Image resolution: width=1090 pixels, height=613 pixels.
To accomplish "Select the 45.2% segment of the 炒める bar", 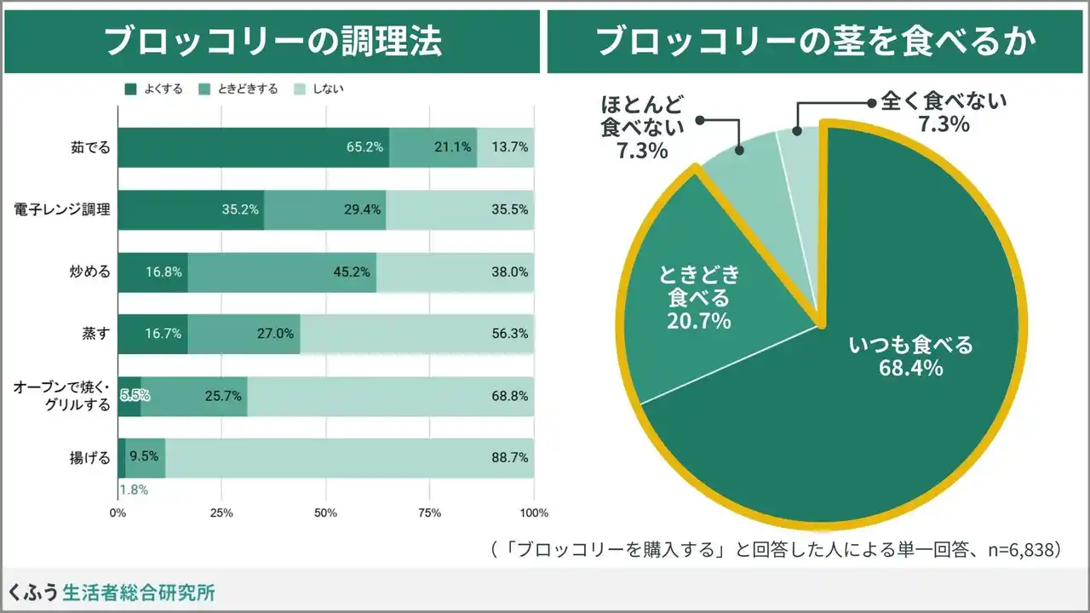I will click(x=282, y=272).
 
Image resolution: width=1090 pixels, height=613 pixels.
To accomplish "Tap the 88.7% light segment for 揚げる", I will click(x=349, y=458).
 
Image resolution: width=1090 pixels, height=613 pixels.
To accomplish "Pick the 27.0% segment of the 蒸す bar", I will click(x=244, y=334).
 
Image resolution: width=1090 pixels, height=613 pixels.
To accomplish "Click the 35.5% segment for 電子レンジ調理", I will click(x=460, y=209).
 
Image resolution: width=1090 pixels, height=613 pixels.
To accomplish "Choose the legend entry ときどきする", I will click(x=238, y=89).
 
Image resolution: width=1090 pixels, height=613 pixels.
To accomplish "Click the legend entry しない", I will click(x=319, y=89).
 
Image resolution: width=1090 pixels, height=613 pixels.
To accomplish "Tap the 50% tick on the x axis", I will click(x=325, y=513).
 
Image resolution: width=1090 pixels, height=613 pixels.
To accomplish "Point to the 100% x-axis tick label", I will click(x=534, y=513).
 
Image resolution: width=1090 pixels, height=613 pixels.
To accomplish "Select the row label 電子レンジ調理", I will click(x=62, y=209).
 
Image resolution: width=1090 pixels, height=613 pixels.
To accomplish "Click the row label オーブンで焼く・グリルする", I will click(x=62, y=396).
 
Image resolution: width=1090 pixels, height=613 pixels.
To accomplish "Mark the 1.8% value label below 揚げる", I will click(x=134, y=490).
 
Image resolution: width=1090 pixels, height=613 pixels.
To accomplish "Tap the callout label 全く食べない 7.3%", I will click(x=944, y=112).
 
